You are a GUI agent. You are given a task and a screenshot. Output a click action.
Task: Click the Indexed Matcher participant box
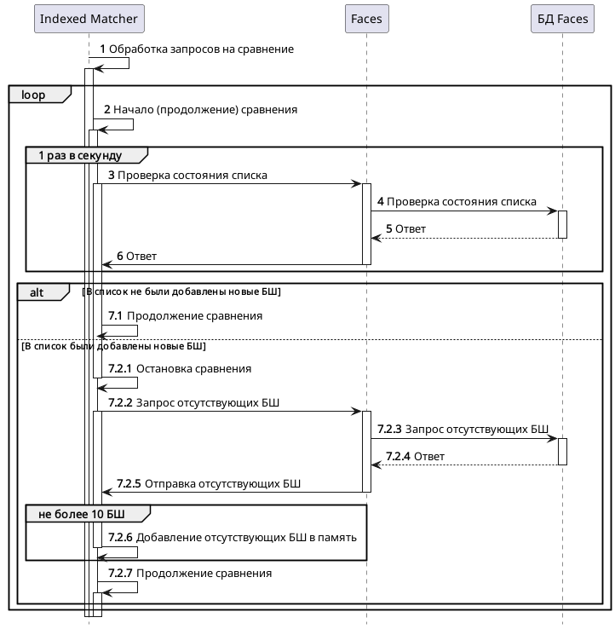(x=89, y=19)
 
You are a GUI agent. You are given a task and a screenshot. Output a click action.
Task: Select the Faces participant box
(x=366, y=19)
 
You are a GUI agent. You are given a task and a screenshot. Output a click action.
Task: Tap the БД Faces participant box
(x=561, y=19)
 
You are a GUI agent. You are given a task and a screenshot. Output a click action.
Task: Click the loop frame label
(x=34, y=95)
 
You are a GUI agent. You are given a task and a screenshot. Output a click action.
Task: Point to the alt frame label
(x=37, y=292)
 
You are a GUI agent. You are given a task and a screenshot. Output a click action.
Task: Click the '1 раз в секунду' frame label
(x=81, y=156)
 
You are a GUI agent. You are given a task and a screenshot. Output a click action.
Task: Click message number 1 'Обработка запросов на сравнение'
(x=201, y=49)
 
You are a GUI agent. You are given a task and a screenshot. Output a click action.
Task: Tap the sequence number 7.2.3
(x=389, y=429)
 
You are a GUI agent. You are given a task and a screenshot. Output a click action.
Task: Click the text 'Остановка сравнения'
(x=194, y=369)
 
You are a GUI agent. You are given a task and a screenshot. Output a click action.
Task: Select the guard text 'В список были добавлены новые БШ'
(x=113, y=347)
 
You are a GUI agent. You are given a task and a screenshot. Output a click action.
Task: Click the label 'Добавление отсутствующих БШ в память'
(x=246, y=538)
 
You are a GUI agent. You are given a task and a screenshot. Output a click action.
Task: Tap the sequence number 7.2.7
(x=120, y=574)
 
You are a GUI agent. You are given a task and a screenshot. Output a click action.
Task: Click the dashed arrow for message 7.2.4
(x=464, y=465)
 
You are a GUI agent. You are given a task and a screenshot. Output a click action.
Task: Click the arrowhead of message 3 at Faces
(x=358, y=183)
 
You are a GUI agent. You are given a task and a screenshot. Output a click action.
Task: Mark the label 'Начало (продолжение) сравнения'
(x=205, y=110)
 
